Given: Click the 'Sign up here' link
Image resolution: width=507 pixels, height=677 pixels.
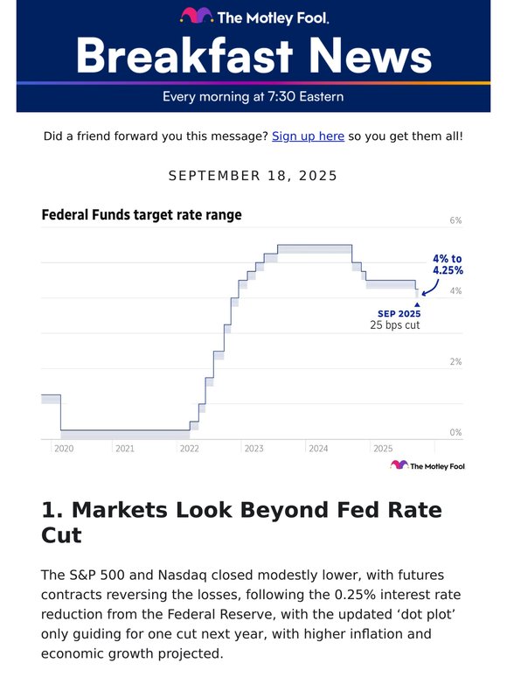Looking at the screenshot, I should pos(308,136).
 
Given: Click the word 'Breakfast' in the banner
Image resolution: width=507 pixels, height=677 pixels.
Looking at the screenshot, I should pos(182,56).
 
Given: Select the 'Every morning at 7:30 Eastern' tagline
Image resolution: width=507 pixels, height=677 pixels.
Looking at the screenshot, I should pos(253,96).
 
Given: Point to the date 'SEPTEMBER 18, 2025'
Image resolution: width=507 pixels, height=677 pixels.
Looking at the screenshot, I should pos(253,176).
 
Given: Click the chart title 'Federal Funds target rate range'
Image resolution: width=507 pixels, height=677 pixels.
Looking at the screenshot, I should pos(142,214).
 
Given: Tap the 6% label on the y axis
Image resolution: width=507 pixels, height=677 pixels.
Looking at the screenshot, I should pos(455,221).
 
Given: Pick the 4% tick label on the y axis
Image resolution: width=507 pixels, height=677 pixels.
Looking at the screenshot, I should pos(455,291).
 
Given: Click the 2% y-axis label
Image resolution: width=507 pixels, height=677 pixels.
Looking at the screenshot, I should pos(455,362).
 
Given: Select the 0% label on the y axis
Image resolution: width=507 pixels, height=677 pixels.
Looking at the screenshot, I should pos(455,432).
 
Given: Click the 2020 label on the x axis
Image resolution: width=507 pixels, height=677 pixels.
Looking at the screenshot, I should pos(64,449).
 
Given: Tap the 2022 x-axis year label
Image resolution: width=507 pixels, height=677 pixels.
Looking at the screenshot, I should pos(189,449).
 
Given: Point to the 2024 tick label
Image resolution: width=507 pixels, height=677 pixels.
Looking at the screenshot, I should pos(318,449).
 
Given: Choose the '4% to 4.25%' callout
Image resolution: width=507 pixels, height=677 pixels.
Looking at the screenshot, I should pos(448,265).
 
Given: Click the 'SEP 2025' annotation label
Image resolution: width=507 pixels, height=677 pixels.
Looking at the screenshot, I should pos(399,313).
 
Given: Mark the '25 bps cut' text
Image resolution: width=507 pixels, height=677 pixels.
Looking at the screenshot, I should pos(395,325).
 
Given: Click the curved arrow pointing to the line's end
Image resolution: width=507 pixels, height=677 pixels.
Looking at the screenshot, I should pos(430,288).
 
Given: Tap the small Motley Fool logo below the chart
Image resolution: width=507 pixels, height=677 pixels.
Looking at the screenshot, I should pos(427,466).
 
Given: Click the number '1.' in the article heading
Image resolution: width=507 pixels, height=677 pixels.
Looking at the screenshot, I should pos(52,510).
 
